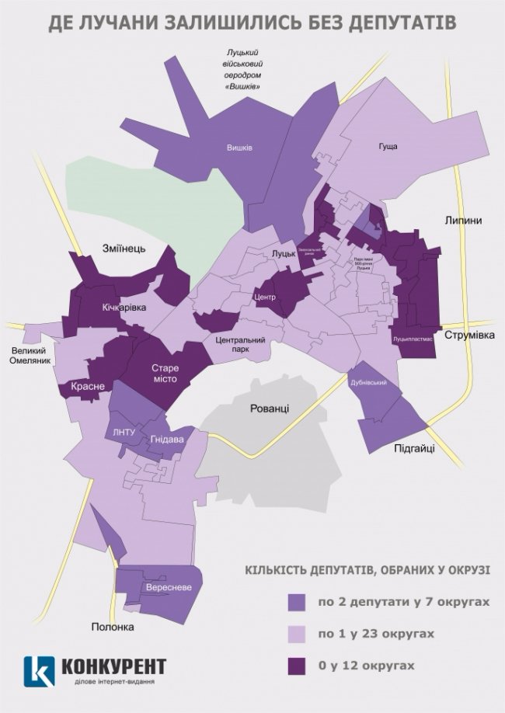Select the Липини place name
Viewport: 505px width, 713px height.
click(x=463, y=221)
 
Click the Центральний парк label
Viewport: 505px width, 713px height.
click(x=240, y=345)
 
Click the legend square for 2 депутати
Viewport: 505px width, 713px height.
click(x=298, y=602)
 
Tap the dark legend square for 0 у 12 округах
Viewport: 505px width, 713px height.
click(x=298, y=666)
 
